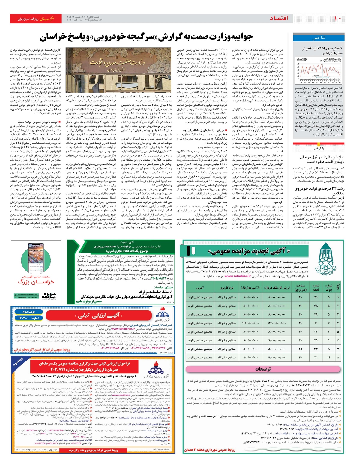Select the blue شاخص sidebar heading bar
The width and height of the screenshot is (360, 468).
(x=319, y=38)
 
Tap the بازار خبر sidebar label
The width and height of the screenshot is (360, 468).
(x=319, y=148)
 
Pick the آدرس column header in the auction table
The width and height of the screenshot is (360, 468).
(x=200, y=288)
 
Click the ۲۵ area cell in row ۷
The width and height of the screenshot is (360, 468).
(x=300, y=349)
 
